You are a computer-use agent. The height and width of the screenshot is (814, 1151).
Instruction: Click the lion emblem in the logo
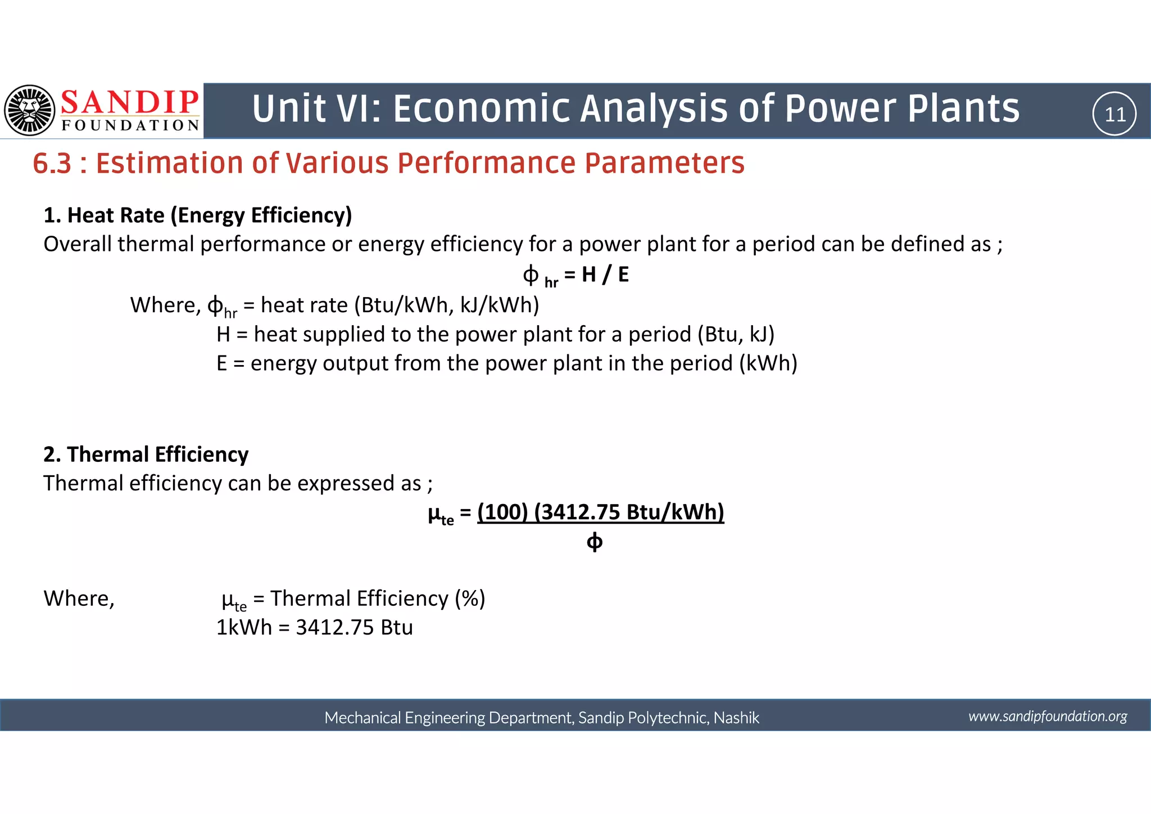pyautogui.click(x=30, y=110)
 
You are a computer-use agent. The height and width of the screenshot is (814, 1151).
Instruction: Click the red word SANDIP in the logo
pyautogui.click(x=130, y=102)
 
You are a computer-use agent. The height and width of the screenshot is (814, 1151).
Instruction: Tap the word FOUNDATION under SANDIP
pyautogui.click(x=130, y=125)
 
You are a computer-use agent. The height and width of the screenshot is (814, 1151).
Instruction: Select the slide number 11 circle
pyautogui.click(x=1114, y=114)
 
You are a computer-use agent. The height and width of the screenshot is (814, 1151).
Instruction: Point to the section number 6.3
pyautogui.click(x=52, y=164)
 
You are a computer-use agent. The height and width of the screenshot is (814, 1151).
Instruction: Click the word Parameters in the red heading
pyautogui.click(x=664, y=164)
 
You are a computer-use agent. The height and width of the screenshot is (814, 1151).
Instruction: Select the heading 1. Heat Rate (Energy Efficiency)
pyautogui.click(x=198, y=215)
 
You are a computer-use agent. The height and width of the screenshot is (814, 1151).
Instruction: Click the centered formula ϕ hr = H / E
pyautogui.click(x=575, y=275)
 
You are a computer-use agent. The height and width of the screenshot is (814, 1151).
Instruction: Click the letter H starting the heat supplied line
pyautogui.click(x=223, y=335)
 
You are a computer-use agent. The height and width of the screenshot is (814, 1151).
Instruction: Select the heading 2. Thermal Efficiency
pyautogui.click(x=146, y=455)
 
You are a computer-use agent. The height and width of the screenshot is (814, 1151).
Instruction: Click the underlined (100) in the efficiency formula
pyautogui.click(x=502, y=512)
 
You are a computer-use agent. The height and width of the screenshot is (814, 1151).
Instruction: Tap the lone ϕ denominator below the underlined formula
pyautogui.click(x=594, y=542)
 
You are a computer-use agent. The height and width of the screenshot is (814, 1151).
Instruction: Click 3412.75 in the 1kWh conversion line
pyautogui.click(x=334, y=628)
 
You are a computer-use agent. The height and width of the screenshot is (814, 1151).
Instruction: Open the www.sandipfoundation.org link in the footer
pyautogui.click(x=1048, y=716)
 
